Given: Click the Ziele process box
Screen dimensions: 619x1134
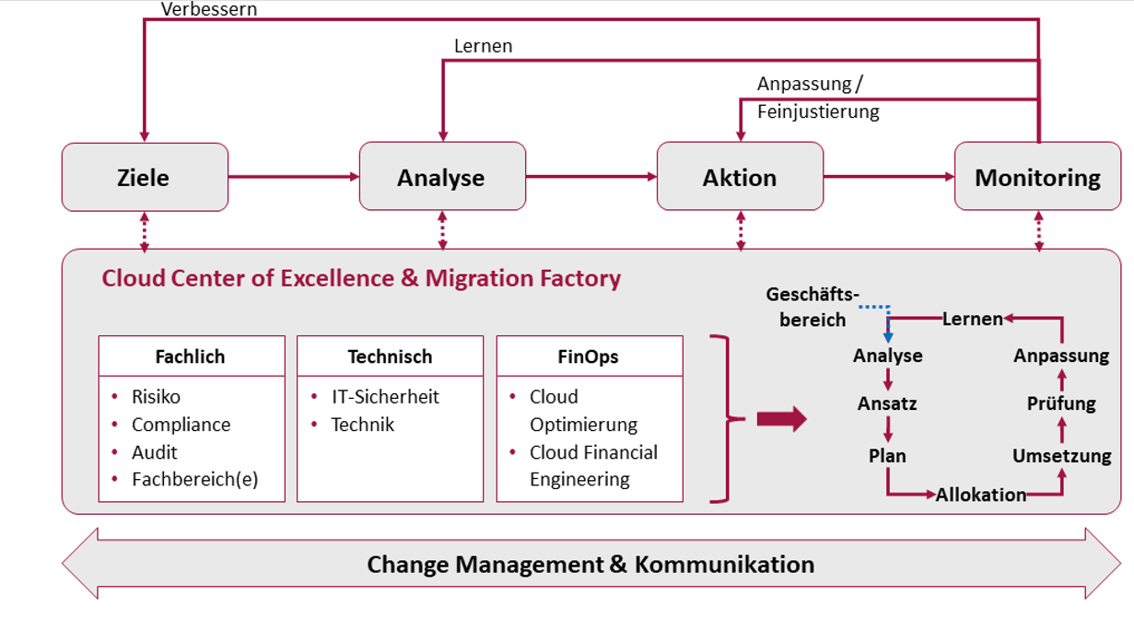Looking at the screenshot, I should (145, 177).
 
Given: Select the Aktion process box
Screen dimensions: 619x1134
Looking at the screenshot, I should (740, 177).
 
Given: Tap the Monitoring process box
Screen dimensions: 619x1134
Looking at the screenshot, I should (1037, 177).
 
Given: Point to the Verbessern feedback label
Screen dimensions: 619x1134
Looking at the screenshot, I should (209, 9).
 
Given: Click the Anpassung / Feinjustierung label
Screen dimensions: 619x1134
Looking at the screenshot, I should (817, 98).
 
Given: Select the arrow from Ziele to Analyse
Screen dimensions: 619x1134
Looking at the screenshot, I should (293, 177).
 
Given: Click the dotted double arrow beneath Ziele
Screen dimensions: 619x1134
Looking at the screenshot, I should (145, 230).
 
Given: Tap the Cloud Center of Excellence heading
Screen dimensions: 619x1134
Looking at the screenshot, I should (361, 278).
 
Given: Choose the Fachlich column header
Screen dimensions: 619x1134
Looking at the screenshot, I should (191, 356).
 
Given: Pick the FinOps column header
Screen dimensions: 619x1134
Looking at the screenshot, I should (589, 356).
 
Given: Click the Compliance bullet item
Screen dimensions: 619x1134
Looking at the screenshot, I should (181, 425).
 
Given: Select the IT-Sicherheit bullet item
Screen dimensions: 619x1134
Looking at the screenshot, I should (385, 397).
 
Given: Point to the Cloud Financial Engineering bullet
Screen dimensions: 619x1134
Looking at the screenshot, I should (592, 466).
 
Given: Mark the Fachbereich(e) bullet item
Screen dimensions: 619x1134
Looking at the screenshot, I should (193, 479).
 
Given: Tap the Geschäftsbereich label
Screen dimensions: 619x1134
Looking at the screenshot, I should (812, 307).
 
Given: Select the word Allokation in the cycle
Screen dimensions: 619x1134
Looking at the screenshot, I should (980, 495).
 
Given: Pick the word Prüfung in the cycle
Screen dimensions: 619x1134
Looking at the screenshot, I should (1061, 403).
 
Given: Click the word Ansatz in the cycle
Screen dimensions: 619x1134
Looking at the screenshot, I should (887, 403).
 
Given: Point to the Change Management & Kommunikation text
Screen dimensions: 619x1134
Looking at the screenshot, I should (590, 564).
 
